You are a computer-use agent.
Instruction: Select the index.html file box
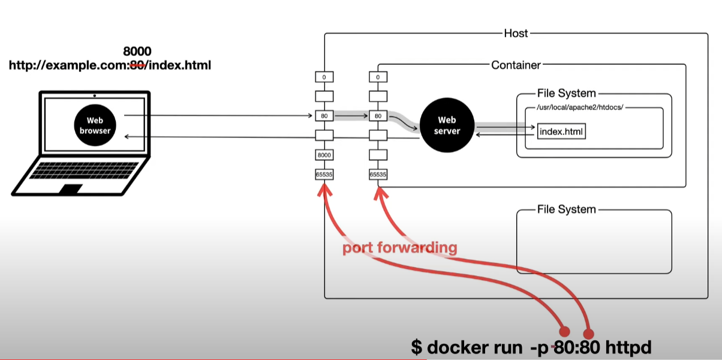tap(561, 131)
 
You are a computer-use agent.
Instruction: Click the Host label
tap(516, 33)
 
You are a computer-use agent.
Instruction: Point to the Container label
tap(516, 65)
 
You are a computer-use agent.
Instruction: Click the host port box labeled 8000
tap(324, 155)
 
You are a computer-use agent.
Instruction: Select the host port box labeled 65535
tap(324, 175)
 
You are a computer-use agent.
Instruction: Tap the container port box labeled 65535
tap(378, 175)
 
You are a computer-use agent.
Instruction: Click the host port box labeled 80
tap(324, 116)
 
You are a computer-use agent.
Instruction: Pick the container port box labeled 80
tap(378, 116)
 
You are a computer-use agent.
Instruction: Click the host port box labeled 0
tap(324, 77)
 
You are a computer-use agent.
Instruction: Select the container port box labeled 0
tap(378, 77)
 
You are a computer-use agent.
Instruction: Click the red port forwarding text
tap(399, 248)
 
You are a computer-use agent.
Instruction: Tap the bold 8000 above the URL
tap(137, 52)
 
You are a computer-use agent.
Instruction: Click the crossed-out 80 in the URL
tap(136, 65)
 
